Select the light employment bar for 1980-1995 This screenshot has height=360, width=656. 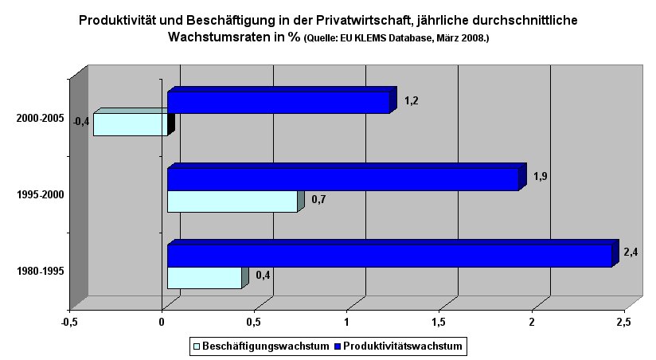pyautogui.click(x=204, y=278)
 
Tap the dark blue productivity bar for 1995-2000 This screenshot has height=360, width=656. pyautogui.click(x=342, y=180)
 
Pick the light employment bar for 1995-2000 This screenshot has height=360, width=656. pyautogui.click(x=232, y=202)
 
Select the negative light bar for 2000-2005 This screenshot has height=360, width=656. pyautogui.click(x=131, y=125)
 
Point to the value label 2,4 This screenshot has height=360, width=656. pyautogui.click(x=631, y=252)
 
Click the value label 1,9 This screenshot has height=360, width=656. pyautogui.click(x=540, y=176)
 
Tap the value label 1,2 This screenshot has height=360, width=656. pyautogui.click(x=411, y=100)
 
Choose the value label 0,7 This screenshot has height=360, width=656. pyautogui.click(x=318, y=199)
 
